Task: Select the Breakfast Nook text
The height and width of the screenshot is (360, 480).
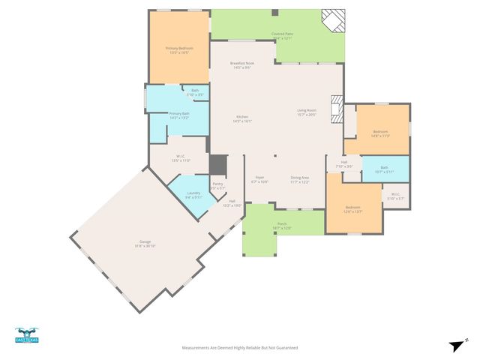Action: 243,65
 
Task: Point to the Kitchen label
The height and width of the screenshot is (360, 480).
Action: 243,118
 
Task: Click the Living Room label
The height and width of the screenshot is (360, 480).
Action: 306,112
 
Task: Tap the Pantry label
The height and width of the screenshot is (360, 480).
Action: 217,185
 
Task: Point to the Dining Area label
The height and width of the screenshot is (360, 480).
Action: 300,179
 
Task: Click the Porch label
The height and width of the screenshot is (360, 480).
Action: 282,226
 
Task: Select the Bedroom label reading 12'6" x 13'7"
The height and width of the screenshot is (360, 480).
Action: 352,209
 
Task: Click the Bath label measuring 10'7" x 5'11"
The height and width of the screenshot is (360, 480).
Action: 384,169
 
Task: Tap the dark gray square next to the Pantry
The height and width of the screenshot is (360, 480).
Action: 217,164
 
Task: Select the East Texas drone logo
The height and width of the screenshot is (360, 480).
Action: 26,335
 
